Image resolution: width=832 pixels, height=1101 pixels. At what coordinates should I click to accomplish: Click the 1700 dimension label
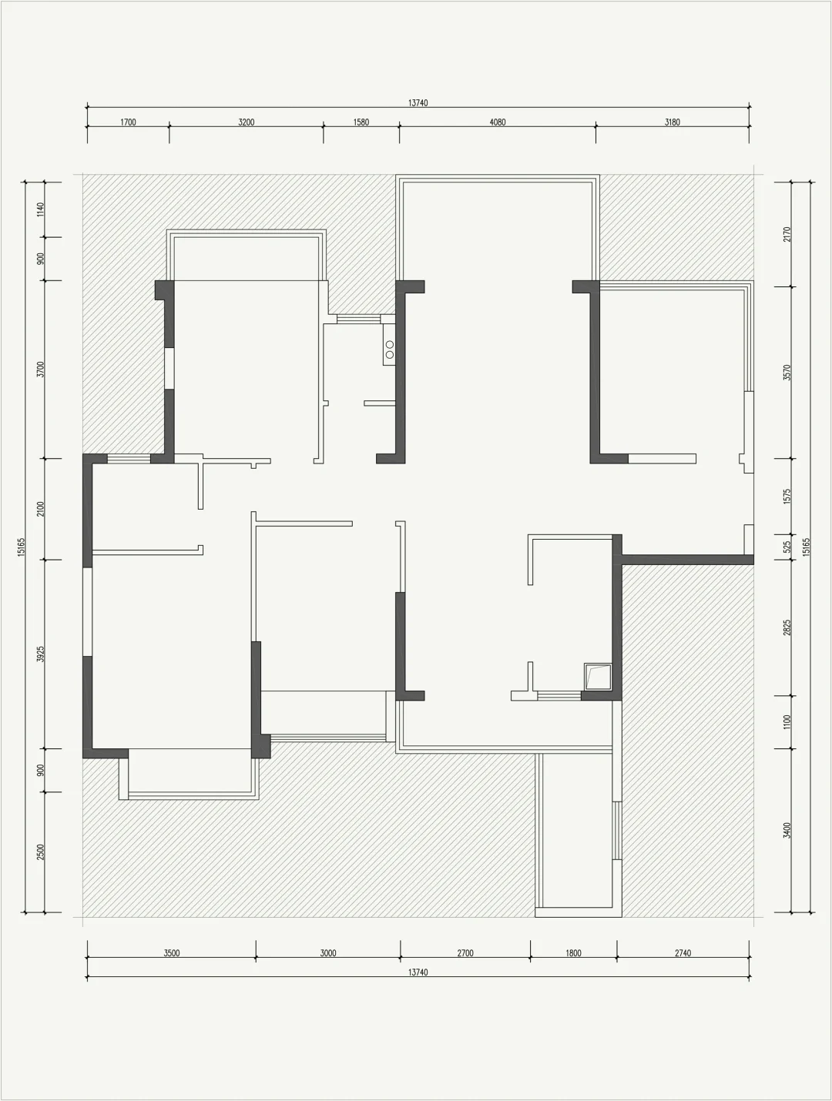coord(128,122)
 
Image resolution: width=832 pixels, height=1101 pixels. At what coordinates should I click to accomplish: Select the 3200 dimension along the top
coord(247,122)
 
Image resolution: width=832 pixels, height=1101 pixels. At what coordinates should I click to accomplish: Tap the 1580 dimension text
coord(361,122)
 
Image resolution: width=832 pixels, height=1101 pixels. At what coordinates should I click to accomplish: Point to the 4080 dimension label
coord(498,122)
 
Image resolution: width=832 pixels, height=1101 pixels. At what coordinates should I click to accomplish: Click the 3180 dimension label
coord(673,122)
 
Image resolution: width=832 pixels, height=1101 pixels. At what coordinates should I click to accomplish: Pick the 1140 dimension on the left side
coord(41,209)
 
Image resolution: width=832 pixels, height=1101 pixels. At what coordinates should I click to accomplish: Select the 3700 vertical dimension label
coord(41,370)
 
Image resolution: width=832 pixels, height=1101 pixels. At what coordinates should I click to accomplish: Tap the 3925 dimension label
coord(41,654)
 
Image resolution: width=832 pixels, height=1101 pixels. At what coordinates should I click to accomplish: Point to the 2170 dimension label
coord(787,234)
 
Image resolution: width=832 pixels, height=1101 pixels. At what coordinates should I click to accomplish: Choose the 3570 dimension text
coord(787,372)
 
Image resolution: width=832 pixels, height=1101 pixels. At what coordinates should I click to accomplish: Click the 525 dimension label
coord(787,547)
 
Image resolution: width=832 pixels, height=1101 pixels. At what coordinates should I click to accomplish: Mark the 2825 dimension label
coord(787,627)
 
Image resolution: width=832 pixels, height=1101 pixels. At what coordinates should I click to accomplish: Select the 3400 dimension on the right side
coord(787,830)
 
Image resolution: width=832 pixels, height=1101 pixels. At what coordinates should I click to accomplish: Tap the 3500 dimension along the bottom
coord(172,953)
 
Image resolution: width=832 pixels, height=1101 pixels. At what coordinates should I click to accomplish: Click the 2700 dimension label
coord(465,953)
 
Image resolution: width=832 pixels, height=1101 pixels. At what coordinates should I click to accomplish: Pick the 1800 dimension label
coord(574,953)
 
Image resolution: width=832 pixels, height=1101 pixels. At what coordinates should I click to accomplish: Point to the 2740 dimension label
coord(683,953)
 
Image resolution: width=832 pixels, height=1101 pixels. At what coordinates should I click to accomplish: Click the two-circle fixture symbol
coord(389,349)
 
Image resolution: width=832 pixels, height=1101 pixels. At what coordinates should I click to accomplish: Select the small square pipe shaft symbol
coord(598,677)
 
